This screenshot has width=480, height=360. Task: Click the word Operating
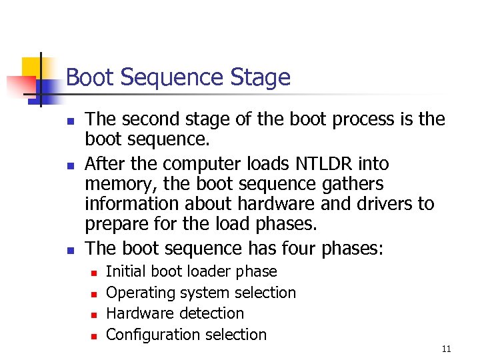pos(137,293)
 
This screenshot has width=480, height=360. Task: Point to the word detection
pos(212,313)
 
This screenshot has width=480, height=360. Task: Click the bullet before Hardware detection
pos(95,314)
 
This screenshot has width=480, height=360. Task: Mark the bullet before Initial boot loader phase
pos(95,272)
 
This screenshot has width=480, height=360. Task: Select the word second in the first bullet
pos(153,119)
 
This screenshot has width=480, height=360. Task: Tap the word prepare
pos(117,224)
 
